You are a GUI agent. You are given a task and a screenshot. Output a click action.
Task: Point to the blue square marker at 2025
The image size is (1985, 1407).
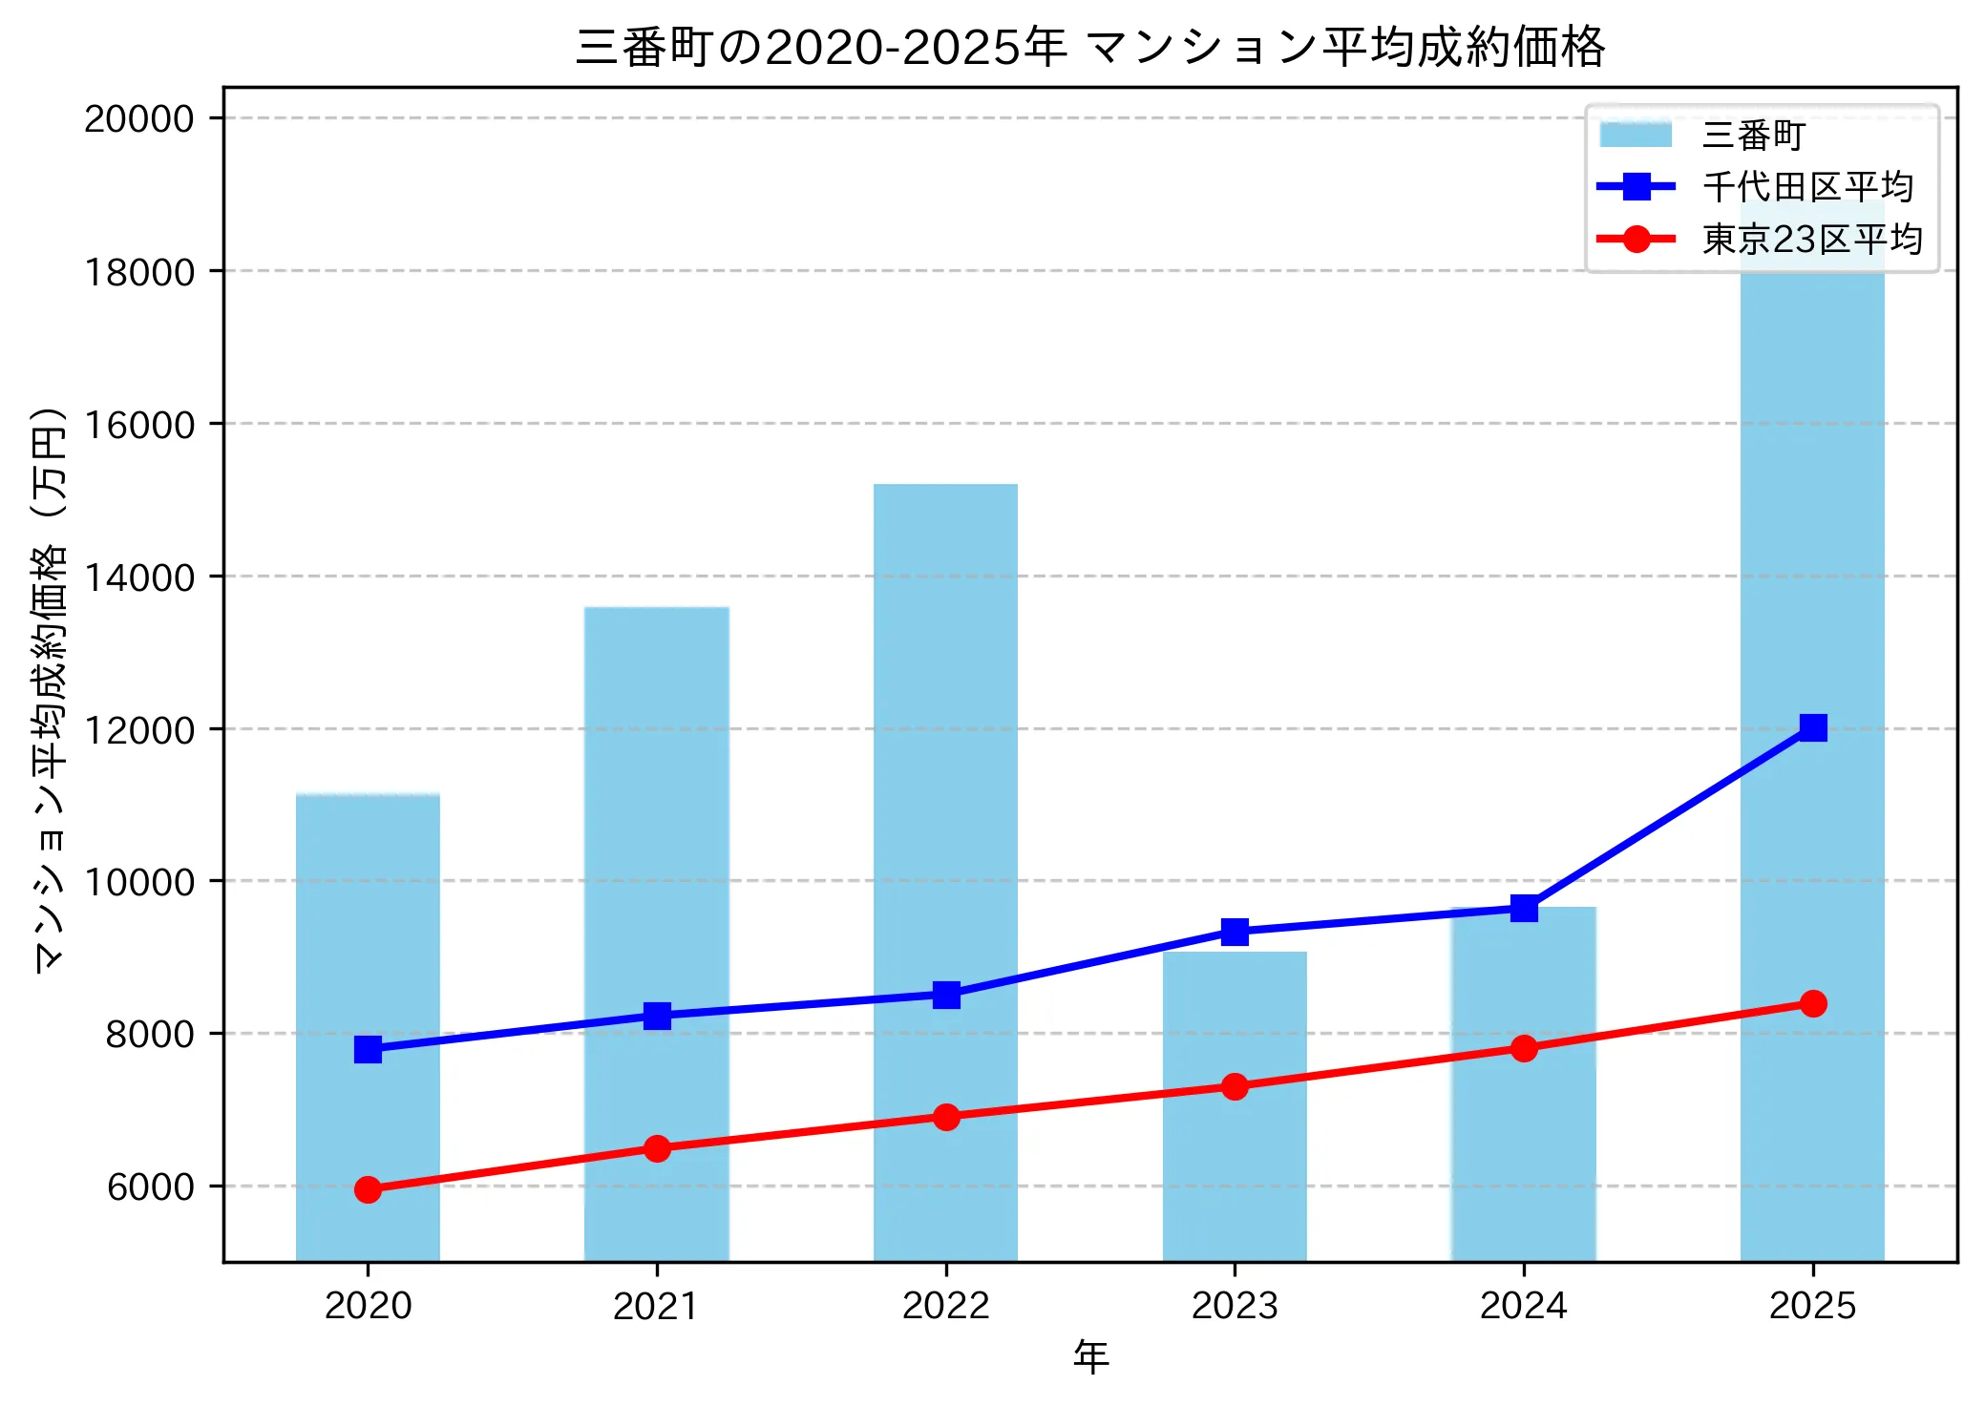[1812, 727]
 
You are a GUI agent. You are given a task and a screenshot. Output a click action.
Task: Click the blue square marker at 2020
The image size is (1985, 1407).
[368, 1049]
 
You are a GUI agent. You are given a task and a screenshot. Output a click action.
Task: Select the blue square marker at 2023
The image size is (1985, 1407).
[1235, 932]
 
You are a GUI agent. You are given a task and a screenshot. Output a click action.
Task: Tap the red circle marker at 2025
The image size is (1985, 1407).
[1812, 1003]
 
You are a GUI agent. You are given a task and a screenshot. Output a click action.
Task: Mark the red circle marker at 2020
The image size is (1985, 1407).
[368, 1189]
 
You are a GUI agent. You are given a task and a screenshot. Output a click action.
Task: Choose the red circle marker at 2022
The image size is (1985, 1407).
[945, 1117]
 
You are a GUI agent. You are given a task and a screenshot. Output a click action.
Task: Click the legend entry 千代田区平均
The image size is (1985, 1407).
[1807, 187]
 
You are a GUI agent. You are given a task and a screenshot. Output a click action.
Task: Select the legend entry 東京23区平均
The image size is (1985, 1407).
[1811, 239]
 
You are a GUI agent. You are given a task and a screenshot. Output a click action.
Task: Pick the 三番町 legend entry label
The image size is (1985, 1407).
[1753, 136]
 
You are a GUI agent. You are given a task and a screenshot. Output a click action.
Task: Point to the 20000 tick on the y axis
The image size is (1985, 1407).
[139, 119]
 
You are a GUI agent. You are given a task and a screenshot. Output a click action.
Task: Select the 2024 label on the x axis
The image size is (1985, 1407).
[1523, 1306]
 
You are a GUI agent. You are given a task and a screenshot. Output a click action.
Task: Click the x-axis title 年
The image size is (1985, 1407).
[1090, 1356]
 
